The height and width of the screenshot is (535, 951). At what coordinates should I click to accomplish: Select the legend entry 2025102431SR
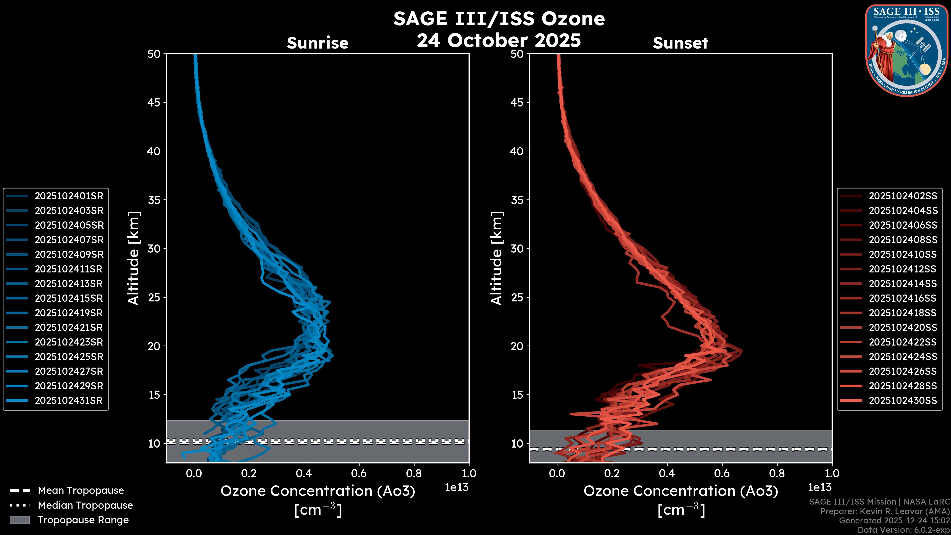pyautogui.click(x=68, y=401)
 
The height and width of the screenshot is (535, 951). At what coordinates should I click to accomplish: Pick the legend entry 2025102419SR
pyautogui.click(x=68, y=313)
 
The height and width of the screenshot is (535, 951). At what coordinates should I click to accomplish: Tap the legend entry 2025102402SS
pyautogui.click(x=903, y=196)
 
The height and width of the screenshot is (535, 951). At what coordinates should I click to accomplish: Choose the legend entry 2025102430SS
pyautogui.click(x=903, y=401)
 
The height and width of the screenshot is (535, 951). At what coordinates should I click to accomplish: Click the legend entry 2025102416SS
pyautogui.click(x=903, y=298)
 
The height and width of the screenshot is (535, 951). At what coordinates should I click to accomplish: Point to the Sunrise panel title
pyautogui.click(x=317, y=43)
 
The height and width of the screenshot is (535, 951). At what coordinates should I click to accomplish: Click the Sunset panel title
pyautogui.click(x=680, y=43)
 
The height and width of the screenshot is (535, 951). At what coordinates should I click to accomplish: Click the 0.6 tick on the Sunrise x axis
pyautogui.click(x=359, y=473)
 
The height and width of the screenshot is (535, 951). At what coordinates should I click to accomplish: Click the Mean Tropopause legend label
pyautogui.click(x=81, y=491)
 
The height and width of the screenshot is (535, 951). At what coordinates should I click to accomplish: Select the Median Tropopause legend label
pyautogui.click(x=85, y=506)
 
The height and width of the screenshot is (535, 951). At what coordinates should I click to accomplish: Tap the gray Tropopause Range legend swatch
pyautogui.click(x=20, y=520)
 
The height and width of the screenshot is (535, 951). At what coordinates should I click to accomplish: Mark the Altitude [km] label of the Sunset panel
pyautogui.click(x=497, y=258)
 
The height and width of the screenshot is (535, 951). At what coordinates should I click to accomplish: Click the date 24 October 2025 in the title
pyautogui.click(x=499, y=41)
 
